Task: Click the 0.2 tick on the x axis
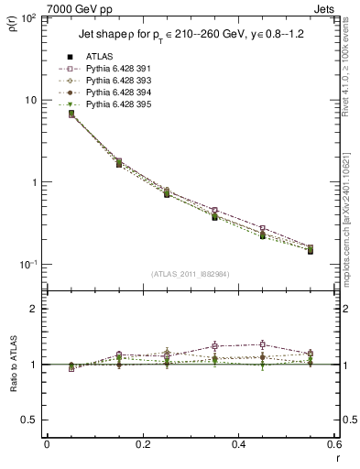142,445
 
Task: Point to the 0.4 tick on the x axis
238,445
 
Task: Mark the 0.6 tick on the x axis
333,445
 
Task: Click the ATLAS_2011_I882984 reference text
190,274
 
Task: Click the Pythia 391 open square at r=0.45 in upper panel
262,228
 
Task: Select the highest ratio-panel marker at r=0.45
262,344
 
